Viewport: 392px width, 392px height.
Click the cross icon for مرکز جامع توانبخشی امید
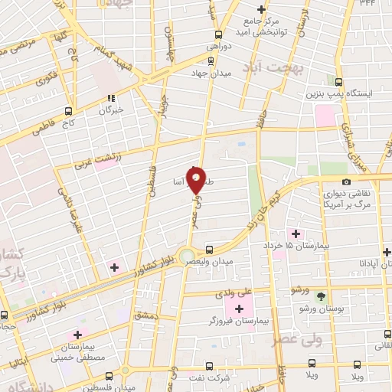tap(261, 9)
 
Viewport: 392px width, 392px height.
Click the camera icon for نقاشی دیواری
tap(347, 181)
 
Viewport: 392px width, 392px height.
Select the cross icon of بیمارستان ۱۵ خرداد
tap(296, 233)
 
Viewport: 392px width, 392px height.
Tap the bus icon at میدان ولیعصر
tap(209, 248)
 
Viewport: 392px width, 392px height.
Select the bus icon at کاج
tap(68, 109)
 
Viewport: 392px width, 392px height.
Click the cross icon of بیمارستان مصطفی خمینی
tap(77, 335)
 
